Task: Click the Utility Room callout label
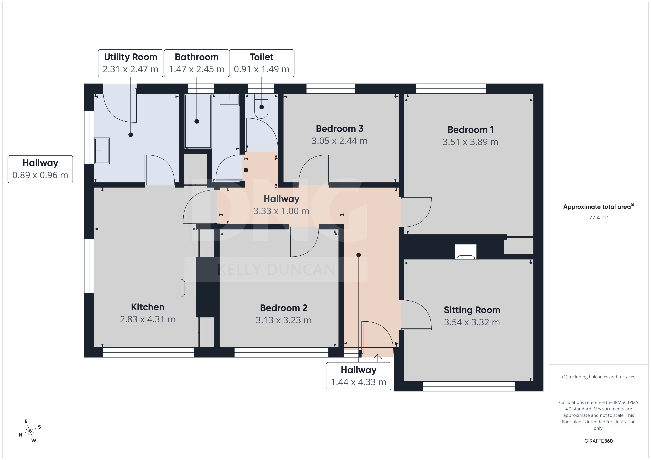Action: [x=131, y=63]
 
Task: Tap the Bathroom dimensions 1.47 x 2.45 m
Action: [x=197, y=69]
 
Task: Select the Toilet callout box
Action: [x=262, y=63]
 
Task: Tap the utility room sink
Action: [x=102, y=151]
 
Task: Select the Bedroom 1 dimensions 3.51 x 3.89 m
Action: [x=470, y=142]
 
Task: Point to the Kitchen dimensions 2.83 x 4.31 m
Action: [x=148, y=319]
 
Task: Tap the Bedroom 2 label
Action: [x=284, y=308]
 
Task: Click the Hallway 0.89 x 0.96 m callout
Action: [x=40, y=169]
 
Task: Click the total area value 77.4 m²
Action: [x=599, y=217]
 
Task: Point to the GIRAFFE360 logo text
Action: [x=599, y=441]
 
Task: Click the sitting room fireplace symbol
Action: [x=466, y=252]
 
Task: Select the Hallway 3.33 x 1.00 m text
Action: [x=281, y=205]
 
